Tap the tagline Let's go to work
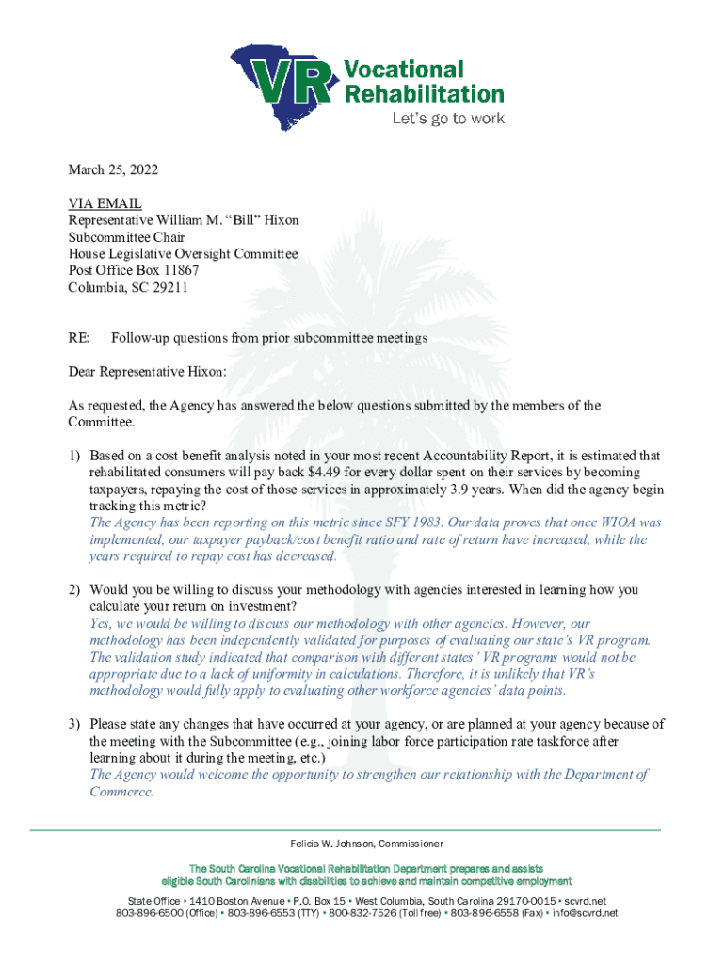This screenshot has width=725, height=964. [448, 119]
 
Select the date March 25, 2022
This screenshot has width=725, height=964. [113, 170]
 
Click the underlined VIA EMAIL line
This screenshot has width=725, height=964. [105, 203]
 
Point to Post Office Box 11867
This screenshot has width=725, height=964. [134, 271]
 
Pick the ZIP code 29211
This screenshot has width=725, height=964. [170, 288]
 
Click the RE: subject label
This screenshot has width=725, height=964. [79, 338]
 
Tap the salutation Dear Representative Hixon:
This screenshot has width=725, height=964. [148, 372]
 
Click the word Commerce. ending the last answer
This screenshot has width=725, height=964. [121, 792]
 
